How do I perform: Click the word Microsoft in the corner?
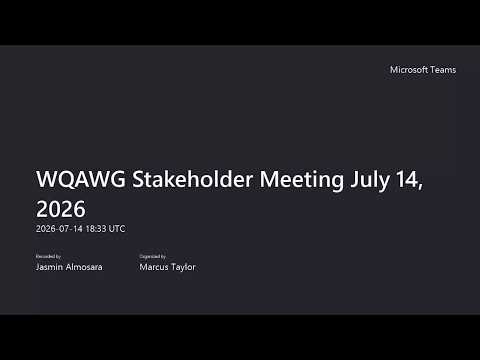[409, 70]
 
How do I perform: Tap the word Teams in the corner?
[443, 70]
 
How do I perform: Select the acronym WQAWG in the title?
[81, 179]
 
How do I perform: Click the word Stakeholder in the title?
[192, 179]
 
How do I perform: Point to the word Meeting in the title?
[301, 180]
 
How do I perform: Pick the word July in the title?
[370, 180]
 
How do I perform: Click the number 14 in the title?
[407, 179]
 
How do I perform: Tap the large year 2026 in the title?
[61, 209]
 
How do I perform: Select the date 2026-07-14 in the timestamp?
[59, 229]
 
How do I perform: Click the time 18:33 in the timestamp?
[96, 229]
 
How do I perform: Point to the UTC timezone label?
[117, 229]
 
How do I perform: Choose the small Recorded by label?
[48, 256]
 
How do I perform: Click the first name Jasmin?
[49, 267]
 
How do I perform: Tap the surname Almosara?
[84, 267]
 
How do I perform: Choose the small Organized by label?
[153, 256]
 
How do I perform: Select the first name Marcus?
[154, 267]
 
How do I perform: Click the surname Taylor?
[183, 267]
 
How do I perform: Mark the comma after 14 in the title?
[420, 187]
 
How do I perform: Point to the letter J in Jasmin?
[38, 267]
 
